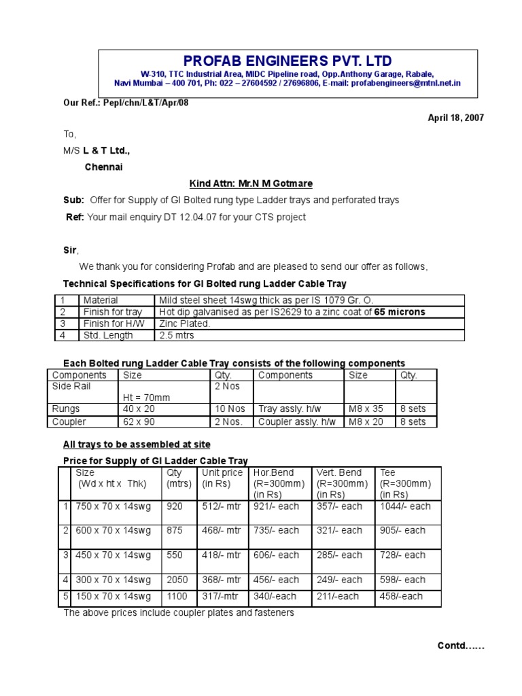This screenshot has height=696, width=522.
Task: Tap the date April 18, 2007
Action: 455,118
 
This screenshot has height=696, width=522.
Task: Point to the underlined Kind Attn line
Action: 241,184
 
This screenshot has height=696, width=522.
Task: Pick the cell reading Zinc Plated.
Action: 185,324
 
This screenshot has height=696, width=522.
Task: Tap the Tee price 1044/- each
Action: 406,506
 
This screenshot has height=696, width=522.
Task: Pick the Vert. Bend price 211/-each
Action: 338,596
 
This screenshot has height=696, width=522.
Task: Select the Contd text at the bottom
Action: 460,646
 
